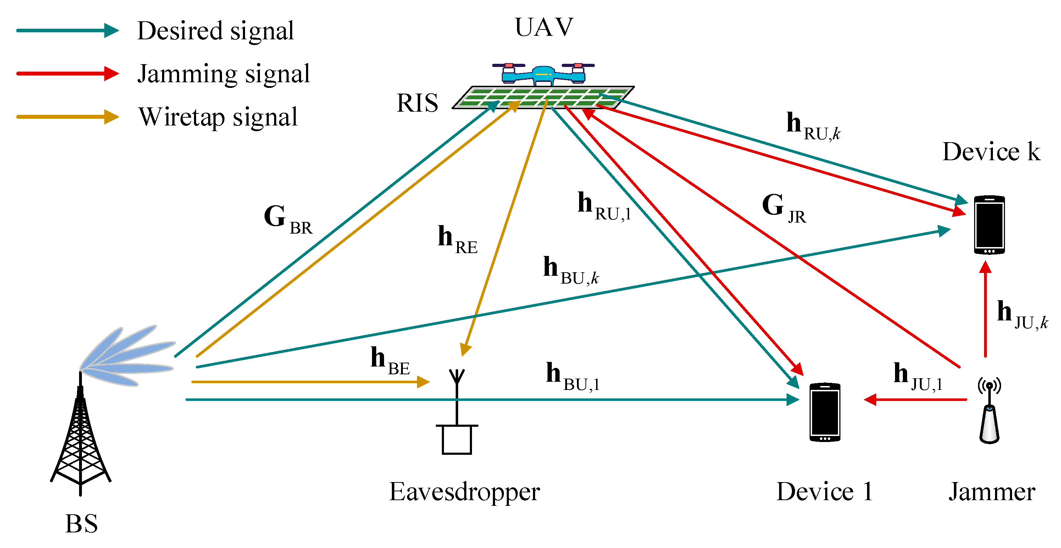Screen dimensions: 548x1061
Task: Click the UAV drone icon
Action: tap(543, 74)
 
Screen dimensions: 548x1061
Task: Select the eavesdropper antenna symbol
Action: tap(457, 412)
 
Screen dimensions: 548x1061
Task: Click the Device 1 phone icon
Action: tap(824, 412)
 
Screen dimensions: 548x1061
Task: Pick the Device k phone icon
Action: tap(989, 225)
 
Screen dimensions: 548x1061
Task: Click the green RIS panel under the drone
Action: tap(543, 97)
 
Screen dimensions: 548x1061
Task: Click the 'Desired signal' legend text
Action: tap(215, 31)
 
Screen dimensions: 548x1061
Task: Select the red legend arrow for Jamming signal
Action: tap(68, 74)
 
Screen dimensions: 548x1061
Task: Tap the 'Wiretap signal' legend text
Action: tap(218, 117)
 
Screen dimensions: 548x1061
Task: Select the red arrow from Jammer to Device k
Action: tap(985, 309)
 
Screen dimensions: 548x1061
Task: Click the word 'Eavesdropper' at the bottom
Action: tap(464, 492)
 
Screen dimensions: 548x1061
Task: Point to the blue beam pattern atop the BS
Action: tap(128, 356)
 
